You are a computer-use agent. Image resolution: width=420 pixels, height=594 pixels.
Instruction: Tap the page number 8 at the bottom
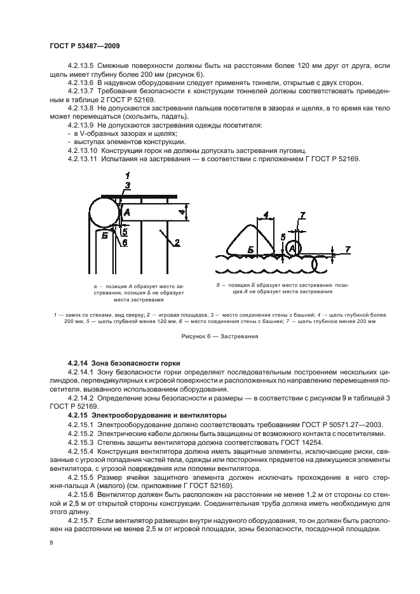pos(51,543)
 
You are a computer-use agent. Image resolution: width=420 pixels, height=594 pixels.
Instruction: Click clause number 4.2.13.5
pos(79,65)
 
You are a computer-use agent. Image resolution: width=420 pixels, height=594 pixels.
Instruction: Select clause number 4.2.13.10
pos(81,150)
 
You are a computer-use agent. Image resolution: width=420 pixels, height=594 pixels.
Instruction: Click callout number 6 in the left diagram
pos(125,242)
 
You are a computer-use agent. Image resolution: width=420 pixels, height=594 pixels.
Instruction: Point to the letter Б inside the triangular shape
pos(252,251)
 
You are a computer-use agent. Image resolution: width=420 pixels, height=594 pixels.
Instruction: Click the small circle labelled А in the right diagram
pos(292,249)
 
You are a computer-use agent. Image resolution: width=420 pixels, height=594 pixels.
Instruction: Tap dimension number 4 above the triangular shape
pos(265,214)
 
